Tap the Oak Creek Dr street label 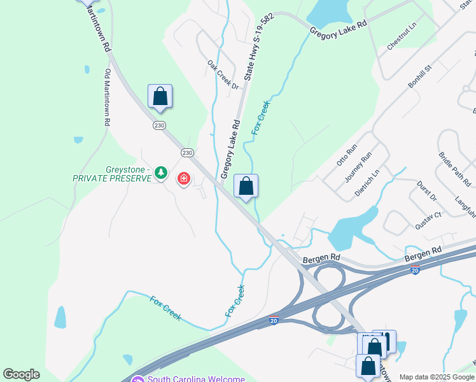pos(222,75)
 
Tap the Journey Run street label pos(358,167)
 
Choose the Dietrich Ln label pos(367,181)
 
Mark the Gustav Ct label pos(428,220)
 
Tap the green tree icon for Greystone pos(162,172)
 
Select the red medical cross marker pos(184,179)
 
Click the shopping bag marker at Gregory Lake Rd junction pos(246,187)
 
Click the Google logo pos(21,374)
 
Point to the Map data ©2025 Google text pos(437,377)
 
